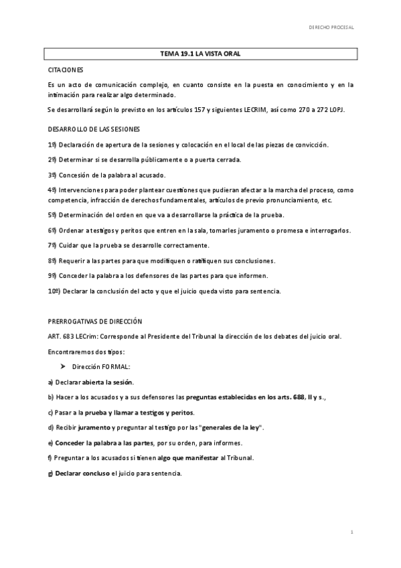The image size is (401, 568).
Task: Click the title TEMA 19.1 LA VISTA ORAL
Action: [x=201, y=54]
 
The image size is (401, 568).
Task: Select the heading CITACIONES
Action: [x=66, y=70]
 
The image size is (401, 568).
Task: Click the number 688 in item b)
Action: [x=291, y=397]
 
